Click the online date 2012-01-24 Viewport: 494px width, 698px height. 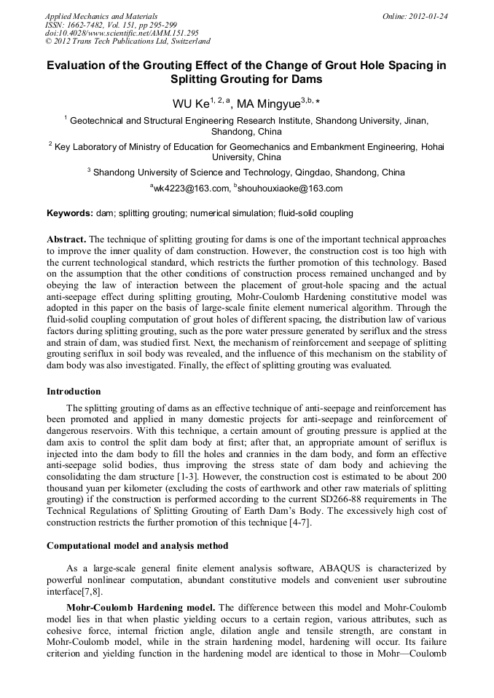tap(430, 16)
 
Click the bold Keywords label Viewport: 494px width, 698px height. tap(70, 213)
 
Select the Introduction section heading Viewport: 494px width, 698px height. tap(74, 392)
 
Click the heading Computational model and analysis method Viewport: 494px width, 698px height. tap(137, 546)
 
